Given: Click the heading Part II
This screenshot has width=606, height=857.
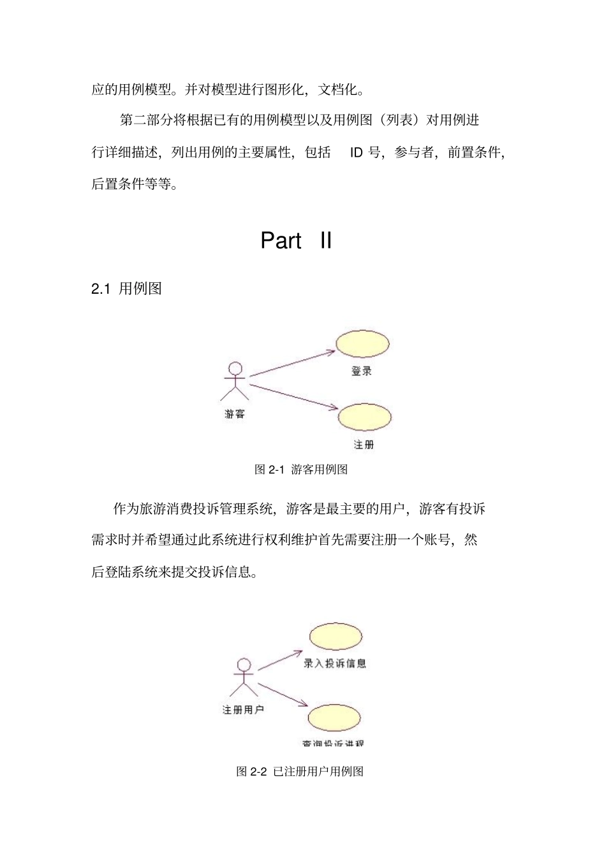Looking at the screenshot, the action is click(296, 240).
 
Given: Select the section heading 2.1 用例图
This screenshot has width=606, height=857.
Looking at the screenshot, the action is click(126, 289).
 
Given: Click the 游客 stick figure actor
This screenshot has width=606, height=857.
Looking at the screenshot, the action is click(235, 381).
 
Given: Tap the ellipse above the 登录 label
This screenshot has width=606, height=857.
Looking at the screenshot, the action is click(362, 345).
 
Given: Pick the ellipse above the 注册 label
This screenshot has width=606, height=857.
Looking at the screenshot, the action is click(364, 417).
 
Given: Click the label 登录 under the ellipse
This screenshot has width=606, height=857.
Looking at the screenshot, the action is click(361, 371).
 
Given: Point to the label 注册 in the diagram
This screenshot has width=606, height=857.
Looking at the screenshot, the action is click(364, 445).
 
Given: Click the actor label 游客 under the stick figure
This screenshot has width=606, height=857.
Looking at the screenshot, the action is click(234, 414).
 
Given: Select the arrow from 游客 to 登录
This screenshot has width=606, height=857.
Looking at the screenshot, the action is click(292, 363).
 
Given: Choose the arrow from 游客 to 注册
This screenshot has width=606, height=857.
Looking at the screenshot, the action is click(293, 397).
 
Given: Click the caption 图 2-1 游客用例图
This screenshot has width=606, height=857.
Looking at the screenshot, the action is click(301, 470).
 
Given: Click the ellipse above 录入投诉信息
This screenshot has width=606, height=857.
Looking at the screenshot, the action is click(336, 637).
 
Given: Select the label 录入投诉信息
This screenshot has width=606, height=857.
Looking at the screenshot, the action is click(334, 663).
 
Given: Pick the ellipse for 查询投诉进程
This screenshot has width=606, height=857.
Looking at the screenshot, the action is click(334, 718).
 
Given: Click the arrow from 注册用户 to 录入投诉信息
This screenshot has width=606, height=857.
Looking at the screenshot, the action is click(279, 660).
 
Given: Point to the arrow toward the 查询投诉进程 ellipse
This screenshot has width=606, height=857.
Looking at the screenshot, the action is click(283, 695).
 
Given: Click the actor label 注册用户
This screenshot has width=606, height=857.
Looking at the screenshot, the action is click(242, 709).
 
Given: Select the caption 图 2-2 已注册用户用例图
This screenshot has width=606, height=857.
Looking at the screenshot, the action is click(300, 772).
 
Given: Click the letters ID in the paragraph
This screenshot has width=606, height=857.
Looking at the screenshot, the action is click(356, 152).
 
